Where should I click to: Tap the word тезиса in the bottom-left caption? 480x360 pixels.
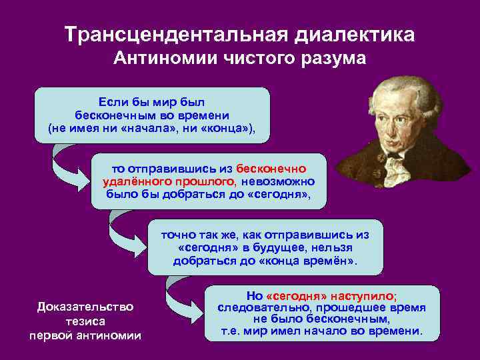[85, 321]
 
